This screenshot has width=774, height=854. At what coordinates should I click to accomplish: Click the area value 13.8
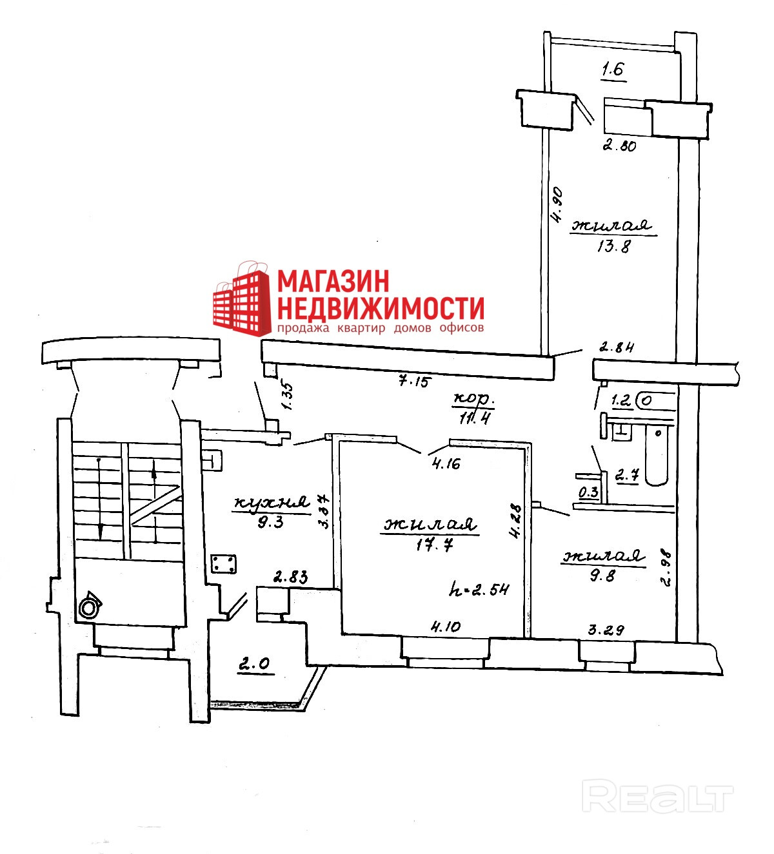coord(613,246)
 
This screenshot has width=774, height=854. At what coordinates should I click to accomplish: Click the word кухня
coord(271,502)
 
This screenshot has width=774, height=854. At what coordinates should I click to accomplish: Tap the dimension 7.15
coord(408,380)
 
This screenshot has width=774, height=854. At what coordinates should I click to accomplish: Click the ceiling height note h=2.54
coord(479,588)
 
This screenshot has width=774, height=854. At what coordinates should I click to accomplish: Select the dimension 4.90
coord(557,204)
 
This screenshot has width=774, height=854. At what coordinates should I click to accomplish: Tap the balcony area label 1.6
coord(613,70)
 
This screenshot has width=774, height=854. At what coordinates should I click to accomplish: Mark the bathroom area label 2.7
coord(626,476)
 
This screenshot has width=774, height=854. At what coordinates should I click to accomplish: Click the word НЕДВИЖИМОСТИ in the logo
coord(380,308)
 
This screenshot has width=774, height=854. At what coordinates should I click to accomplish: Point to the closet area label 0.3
coord(588,492)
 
